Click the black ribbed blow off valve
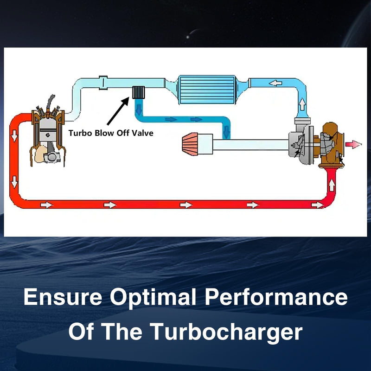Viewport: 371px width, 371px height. point(138,92)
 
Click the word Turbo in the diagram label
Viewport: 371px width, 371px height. point(80,133)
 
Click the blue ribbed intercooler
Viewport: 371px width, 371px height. point(207,90)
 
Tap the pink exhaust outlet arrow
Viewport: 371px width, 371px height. point(353,144)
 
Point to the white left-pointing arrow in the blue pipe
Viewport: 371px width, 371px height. point(275,83)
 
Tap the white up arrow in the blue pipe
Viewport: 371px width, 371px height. point(302,104)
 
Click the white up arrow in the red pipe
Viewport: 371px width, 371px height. point(332,185)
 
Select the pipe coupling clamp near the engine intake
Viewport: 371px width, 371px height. point(103,83)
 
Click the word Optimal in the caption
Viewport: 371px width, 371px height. point(153,297)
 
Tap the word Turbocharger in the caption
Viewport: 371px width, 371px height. point(226,332)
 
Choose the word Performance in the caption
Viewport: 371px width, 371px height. point(276,297)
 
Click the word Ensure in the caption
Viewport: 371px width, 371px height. point(63,297)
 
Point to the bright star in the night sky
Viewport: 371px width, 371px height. point(188,37)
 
